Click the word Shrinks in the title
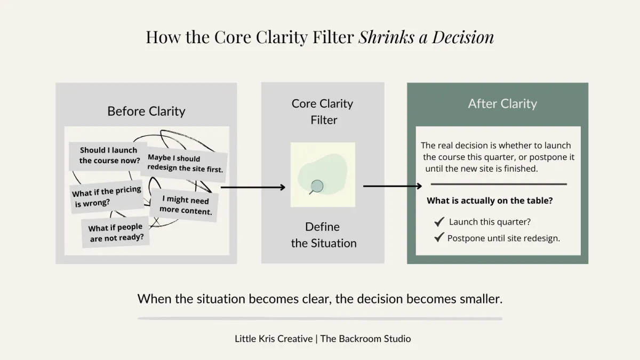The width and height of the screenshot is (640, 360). tap(386, 37)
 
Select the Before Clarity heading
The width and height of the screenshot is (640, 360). tap(146, 111)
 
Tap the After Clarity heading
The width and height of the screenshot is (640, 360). tap(502, 103)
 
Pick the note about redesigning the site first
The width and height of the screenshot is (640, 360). tap(184, 164)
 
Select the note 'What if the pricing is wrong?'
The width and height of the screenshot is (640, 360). tap(107, 197)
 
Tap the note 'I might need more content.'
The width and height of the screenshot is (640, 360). tap(184, 205)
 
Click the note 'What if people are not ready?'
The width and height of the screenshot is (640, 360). tap(115, 232)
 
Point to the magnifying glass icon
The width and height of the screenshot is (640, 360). tap(316, 187)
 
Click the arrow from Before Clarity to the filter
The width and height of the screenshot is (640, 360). tap(253, 187)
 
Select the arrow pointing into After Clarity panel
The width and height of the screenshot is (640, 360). tap(393, 186)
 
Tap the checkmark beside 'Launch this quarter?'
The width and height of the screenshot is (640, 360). tap(439, 221)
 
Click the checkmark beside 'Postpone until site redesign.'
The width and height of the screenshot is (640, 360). tap(439, 237)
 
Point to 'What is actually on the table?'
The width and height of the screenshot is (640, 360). tap(490, 201)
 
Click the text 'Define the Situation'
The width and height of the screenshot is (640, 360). tap(323, 235)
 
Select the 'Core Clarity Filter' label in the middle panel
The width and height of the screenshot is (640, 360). tap(323, 111)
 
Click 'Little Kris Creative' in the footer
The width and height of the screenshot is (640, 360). tap(274, 339)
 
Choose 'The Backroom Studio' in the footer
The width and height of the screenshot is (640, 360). tap(365, 339)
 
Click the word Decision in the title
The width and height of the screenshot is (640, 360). tap(463, 37)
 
